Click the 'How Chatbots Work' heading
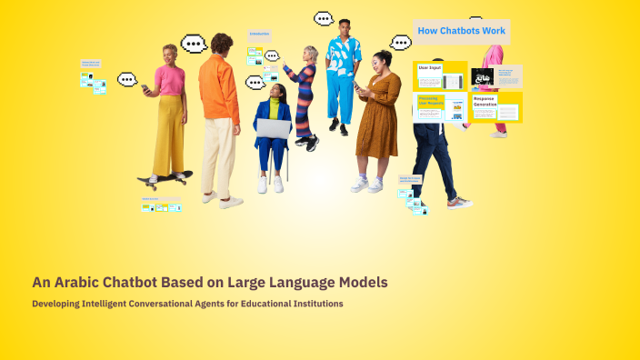point(461,31)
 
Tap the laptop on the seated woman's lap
point(273,128)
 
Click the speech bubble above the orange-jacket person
point(194,44)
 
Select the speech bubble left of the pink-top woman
point(127,79)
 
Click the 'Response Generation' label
point(485,101)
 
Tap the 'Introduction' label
point(260,34)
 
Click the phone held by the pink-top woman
point(145,89)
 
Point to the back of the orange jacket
point(219,86)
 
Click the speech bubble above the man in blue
point(324,18)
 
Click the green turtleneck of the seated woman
point(275,106)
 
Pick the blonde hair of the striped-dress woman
point(311,52)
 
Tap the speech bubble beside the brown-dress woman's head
point(400,42)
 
